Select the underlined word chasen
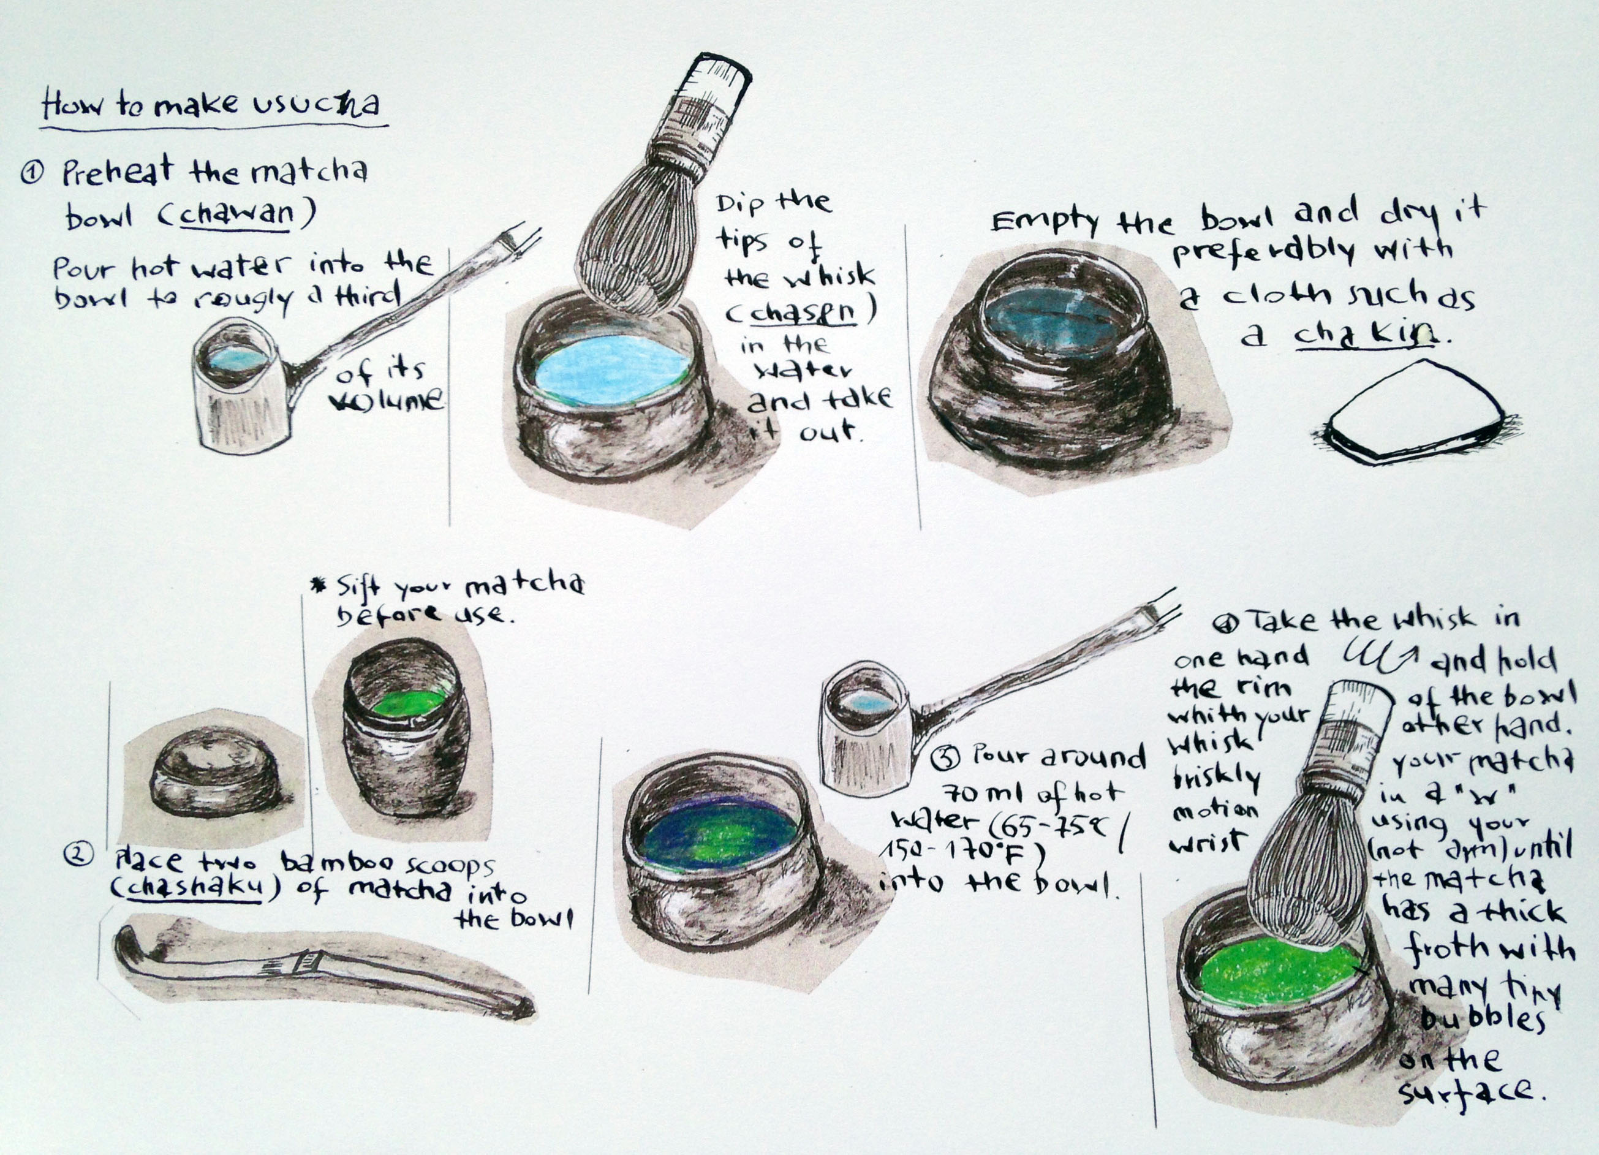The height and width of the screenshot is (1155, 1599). (803, 312)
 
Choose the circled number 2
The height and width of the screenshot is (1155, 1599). (76, 855)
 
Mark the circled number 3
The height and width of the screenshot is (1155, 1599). (944, 759)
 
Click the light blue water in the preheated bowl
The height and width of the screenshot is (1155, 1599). (611, 369)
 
